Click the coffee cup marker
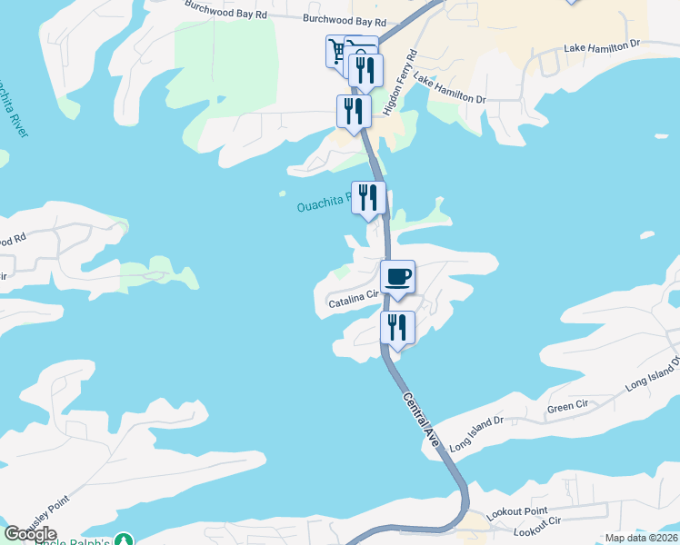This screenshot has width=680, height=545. coord(397,276)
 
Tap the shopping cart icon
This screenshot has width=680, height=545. coord(337,50)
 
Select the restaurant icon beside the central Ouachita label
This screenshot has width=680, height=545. coord(368,197)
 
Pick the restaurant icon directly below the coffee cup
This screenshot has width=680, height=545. coord(396,327)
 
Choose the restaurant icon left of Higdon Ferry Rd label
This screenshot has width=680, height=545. coord(365,71)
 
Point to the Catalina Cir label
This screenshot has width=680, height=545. coord(353,298)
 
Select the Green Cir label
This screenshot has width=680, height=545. coord(566,406)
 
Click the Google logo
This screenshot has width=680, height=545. coord(30,533)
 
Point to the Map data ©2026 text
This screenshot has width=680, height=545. coord(640,538)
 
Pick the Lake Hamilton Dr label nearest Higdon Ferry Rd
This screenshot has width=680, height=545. coord(450,88)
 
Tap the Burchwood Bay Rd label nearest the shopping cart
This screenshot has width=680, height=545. coord(345,19)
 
